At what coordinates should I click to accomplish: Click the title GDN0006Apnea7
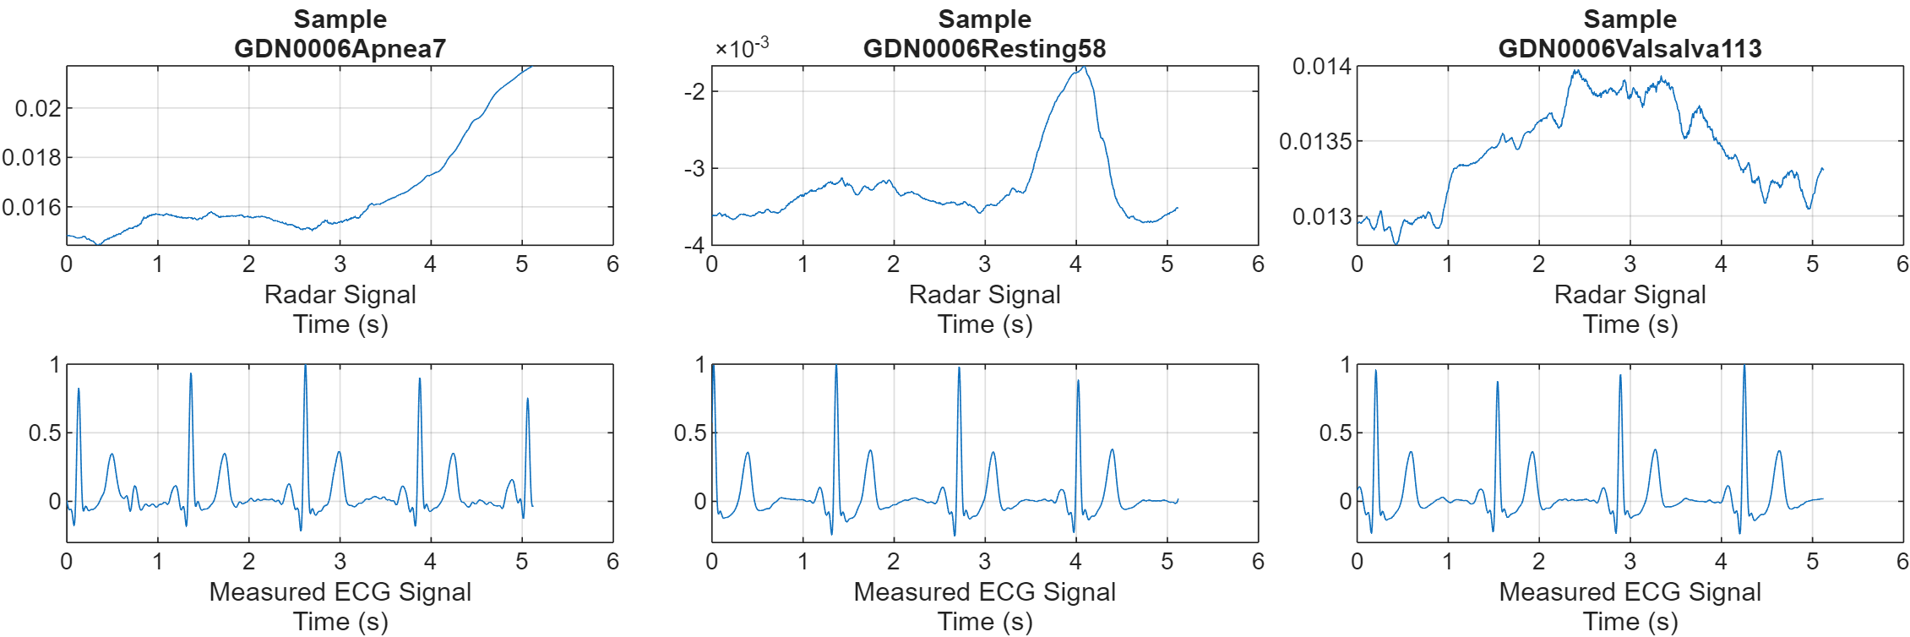[340, 48]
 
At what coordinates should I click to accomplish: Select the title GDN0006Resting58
[984, 48]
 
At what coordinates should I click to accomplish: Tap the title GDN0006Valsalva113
[1630, 48]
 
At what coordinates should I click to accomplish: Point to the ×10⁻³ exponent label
[742, 47]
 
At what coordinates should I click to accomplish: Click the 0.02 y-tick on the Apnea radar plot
[38, 108]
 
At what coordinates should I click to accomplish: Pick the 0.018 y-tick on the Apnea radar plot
[32, 157]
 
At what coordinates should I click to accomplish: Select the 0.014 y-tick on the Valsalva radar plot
[1321, 66]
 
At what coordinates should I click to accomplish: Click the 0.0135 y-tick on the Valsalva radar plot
[1315, 141]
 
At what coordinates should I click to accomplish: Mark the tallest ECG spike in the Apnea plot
[305, 367]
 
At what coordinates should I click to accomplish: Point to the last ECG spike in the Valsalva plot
[1744, 367]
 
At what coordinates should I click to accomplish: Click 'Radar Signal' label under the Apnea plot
[340, 294]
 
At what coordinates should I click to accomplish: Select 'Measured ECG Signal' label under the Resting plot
[984, 591]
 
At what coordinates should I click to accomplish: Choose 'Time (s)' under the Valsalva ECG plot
[1630, 621]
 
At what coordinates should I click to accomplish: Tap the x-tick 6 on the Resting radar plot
[1258, 264]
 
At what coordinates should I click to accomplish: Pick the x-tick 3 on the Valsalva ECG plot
[1630, 562]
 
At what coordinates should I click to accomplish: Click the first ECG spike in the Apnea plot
[79, 389]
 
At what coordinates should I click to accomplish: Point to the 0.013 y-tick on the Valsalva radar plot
[1321, 216]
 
